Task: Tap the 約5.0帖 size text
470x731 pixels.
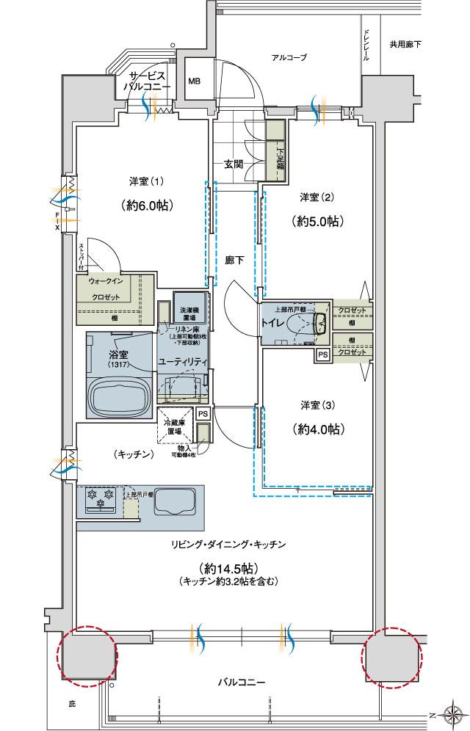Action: pos(318,220)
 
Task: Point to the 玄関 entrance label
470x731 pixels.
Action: pos(234,164)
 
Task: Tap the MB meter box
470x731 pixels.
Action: pos(195,81)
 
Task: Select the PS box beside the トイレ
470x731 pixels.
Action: pos(322,354)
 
